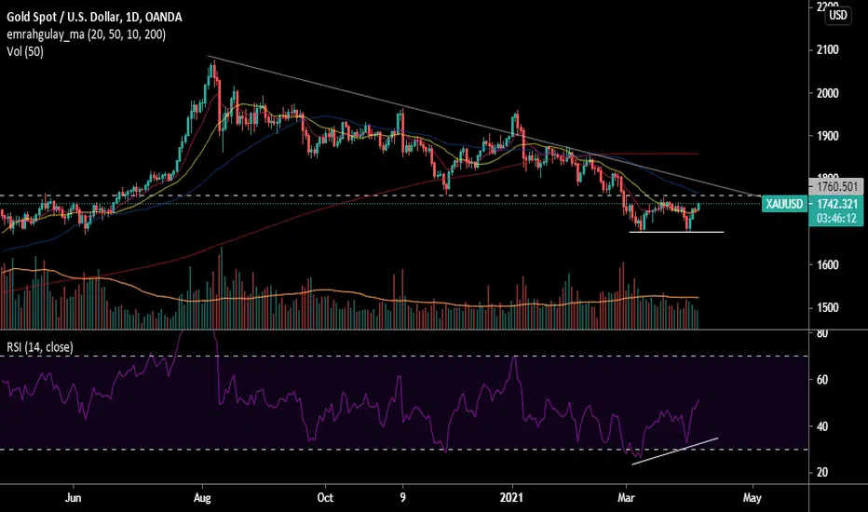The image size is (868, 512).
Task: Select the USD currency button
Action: pos(838,15)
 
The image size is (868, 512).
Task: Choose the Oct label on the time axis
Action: pos(326,497)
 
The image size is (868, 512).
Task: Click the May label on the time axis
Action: pos(753,497)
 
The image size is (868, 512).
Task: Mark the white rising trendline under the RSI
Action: pos(675,450)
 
